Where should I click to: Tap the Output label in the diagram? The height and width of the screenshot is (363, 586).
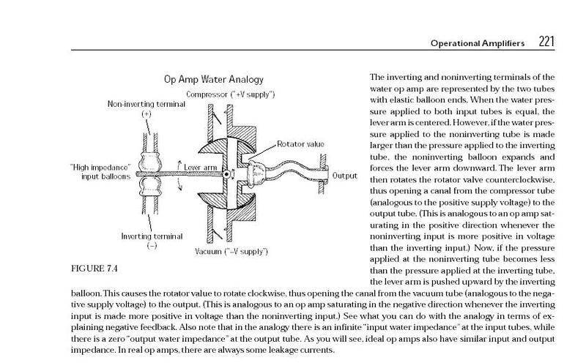click(x=344, y=176)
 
